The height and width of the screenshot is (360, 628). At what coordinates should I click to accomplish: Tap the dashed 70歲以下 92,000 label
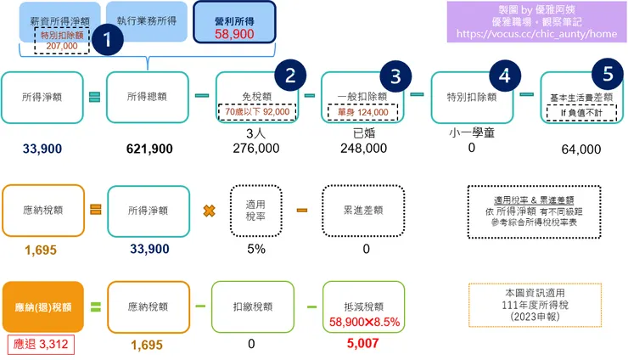click(257, 111)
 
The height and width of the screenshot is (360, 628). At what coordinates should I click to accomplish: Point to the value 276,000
click(255, 148)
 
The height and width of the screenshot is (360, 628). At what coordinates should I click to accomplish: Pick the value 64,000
click(580, 149)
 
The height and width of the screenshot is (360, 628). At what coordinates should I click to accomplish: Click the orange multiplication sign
click(207, 210)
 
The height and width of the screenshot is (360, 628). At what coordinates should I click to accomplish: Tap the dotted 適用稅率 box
click(256, 210)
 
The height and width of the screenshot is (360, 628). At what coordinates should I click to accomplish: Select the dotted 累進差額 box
click(367, 210)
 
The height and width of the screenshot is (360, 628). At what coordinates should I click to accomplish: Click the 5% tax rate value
click(255, 249)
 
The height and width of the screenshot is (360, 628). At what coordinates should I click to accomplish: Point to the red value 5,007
click(367, 344)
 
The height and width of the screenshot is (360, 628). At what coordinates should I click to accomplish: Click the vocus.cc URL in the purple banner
click(536, 34)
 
